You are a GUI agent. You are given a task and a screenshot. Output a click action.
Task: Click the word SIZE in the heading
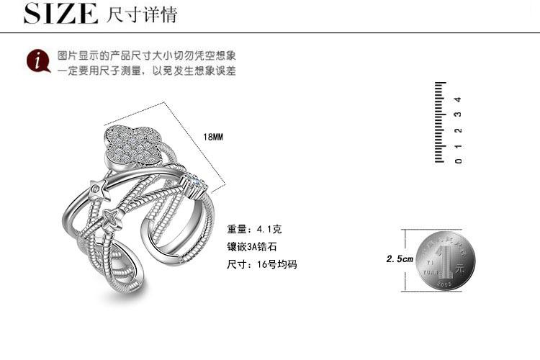[x=60, y=14]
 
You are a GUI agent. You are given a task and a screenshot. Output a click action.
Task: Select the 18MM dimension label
[x=214, y=136]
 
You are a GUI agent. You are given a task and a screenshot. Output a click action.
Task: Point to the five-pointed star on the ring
[x=96, y=190]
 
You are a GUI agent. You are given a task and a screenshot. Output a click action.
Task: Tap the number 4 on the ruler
[x=459, y=99]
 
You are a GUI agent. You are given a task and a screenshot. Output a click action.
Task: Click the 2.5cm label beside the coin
[x=400, y=258]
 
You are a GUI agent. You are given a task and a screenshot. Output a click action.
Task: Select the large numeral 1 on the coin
[x=449, y=258]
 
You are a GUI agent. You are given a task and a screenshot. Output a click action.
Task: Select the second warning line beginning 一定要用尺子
[x=147, y=71]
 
